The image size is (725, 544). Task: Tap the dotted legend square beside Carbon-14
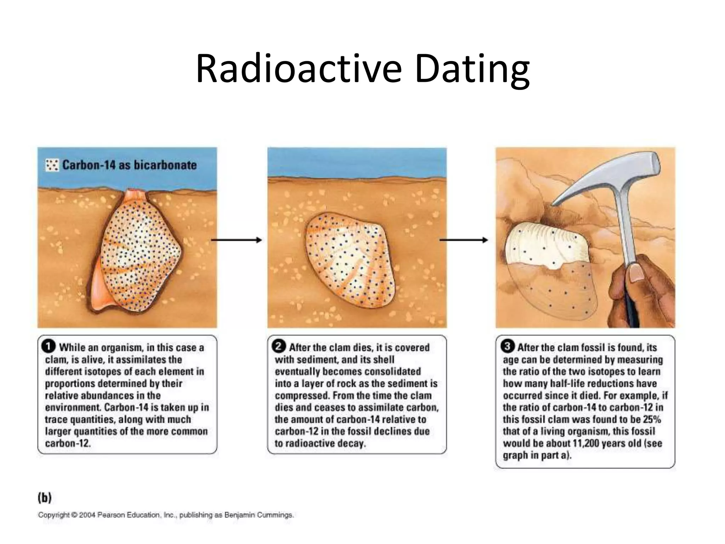pos(52,165)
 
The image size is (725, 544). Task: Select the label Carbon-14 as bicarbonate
pos(129,165)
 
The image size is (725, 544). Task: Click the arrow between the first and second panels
pos(236,240)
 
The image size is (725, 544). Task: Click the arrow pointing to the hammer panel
pos(463,240)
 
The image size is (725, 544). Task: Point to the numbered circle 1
pos(48,346)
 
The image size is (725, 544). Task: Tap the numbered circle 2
pos(279,346)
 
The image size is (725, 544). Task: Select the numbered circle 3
pos(508,346)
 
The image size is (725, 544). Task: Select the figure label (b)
pos(45,498)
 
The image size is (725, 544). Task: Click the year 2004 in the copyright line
pos(87,515)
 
